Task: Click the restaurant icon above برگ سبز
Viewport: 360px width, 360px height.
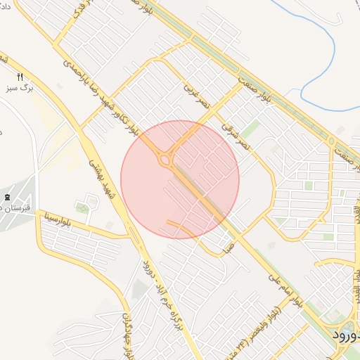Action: (20, 77)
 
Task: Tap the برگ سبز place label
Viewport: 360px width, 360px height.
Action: (17, 89)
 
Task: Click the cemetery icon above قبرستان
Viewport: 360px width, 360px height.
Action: (7, 197)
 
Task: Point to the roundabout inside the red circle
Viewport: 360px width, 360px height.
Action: (166, 161)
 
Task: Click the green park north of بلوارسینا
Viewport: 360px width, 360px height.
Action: (82, 208)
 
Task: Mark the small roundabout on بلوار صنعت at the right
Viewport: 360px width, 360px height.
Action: (331, 142)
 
